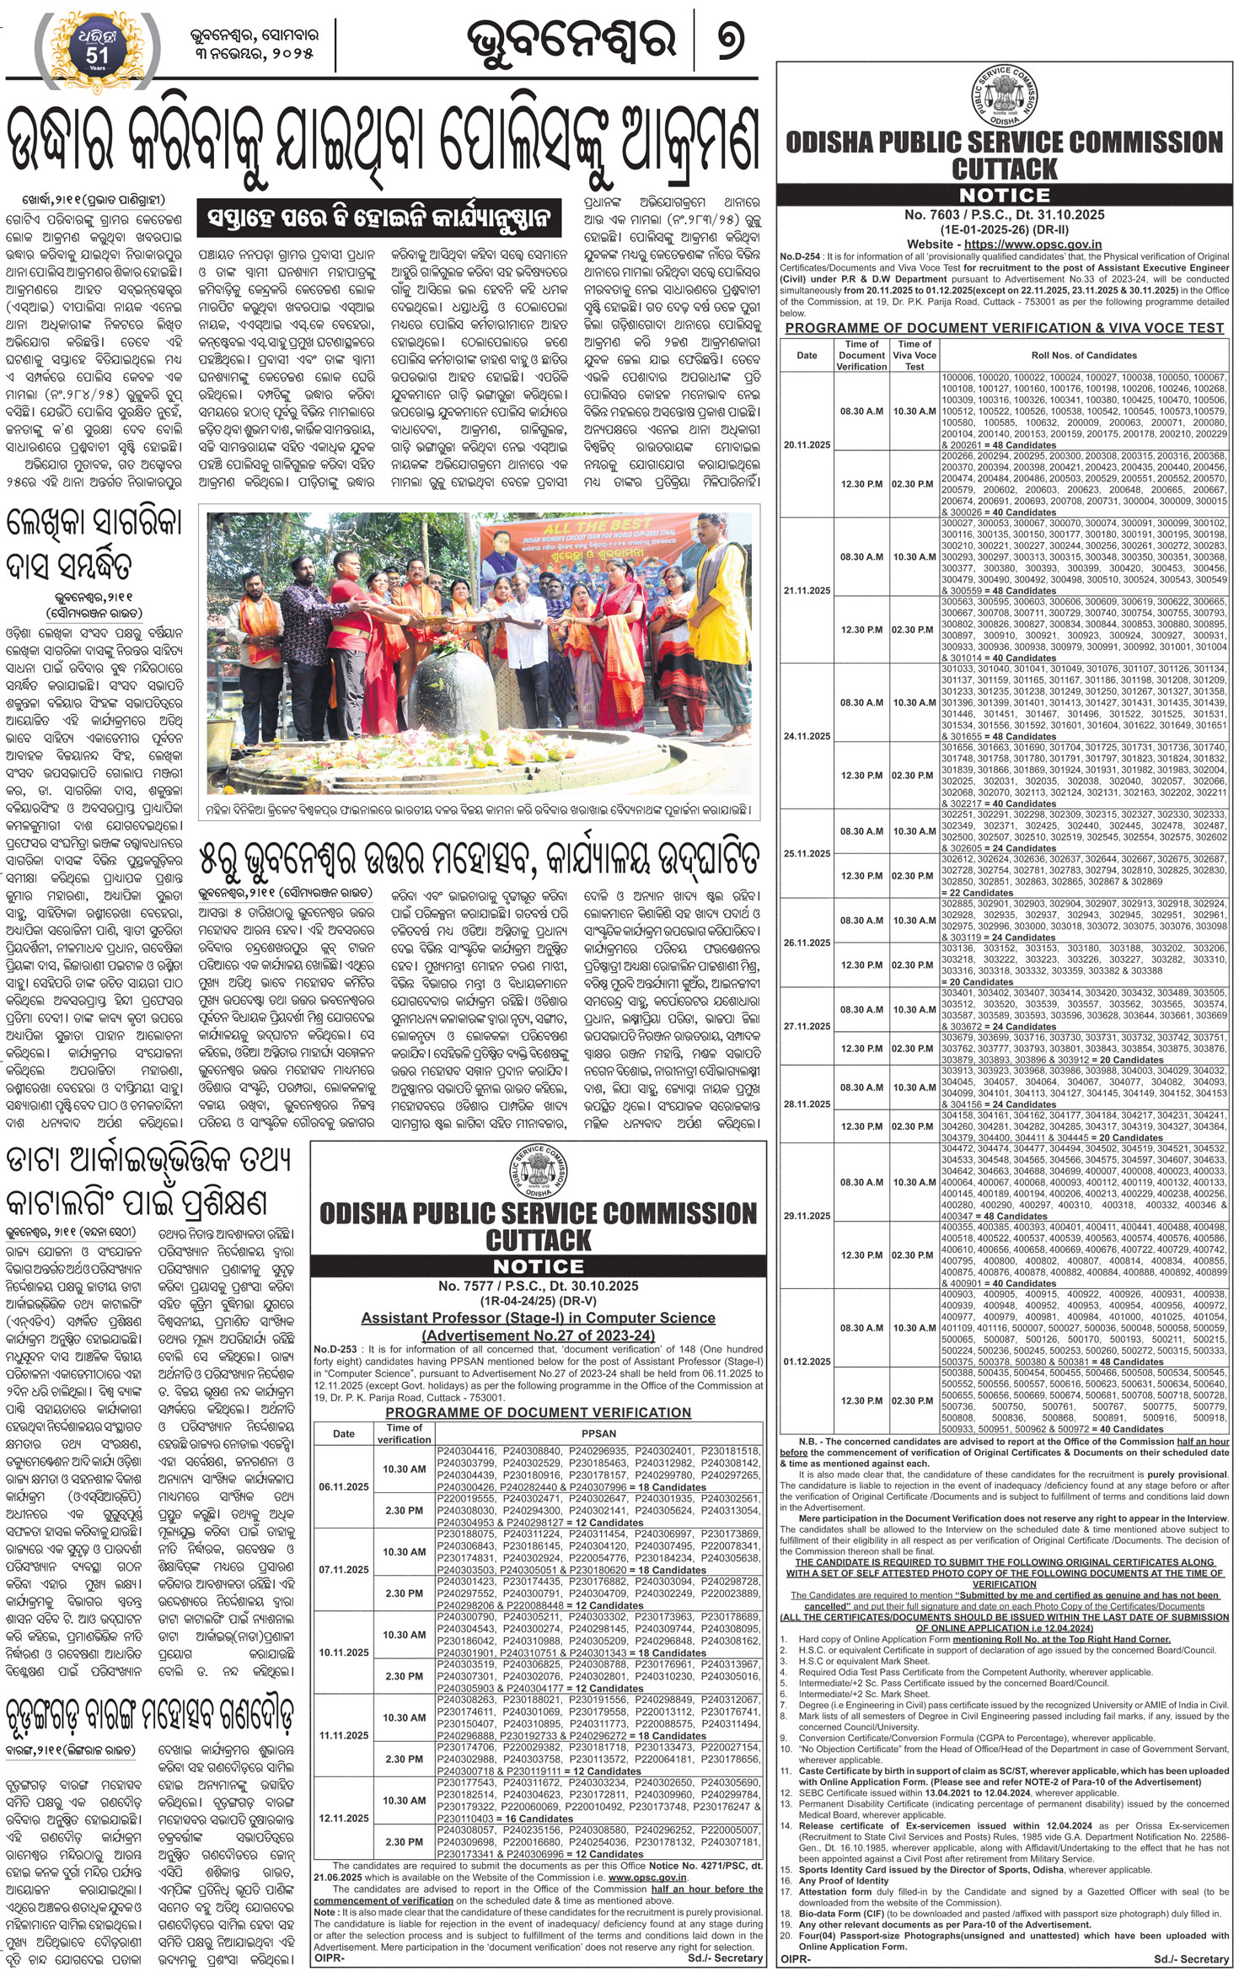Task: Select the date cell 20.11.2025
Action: pyautogui.click(x=807, y=444)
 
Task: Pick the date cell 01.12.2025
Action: pyautogui.click(x=807, y=1362)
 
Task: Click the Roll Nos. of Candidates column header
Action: pyautogui.click(x=1084, y=355)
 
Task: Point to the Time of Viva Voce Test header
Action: pyautogui.click(x=914, y=355)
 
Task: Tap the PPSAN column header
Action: pyautogui.click(x=598, y=1433)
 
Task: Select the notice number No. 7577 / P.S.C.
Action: pyautogui.click(x=538, y=1286)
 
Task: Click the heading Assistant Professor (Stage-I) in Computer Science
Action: pyautogui.click(x=538, y=1318)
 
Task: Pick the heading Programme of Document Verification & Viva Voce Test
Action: pyautogui.click(x=1004, y=328)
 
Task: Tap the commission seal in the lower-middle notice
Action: pyautogui.click(x=538, y=1173)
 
